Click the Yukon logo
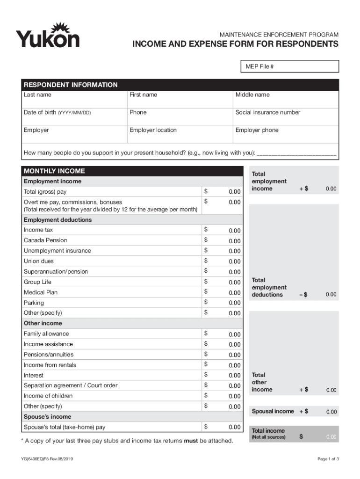[x=48, y=35]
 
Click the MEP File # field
[x=289, y=67]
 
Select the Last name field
[x=74, y=99]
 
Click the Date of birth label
[x=57, y=113]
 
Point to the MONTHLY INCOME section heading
[x=54, y=171]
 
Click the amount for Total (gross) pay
[x=234, y=192]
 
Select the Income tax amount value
[x=234, y=231]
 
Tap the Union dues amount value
[x=234, y=261]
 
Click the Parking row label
[x=34, y=303]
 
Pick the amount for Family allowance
[x=234, y=334]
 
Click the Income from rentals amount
[x=234, y=365]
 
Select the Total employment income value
[x=331, y=189]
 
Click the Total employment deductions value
[x=331, y=295]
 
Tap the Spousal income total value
[x=331, y=412]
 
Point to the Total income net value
[x=331, y=437]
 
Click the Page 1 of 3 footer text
[x=328, y=459]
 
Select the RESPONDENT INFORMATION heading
[x=71, y=85]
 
